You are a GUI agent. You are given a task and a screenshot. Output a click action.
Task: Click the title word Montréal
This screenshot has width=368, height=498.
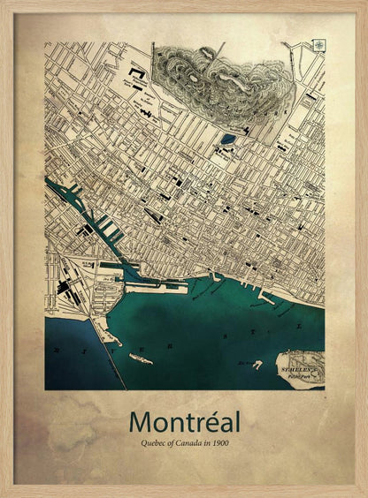183,421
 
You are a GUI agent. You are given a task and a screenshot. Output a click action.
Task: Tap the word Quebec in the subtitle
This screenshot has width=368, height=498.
143,441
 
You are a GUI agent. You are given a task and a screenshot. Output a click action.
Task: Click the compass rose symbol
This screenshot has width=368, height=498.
318,45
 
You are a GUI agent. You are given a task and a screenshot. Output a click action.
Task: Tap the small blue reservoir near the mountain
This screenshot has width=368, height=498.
228,139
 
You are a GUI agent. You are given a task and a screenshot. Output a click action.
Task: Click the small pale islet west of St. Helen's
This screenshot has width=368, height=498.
257,364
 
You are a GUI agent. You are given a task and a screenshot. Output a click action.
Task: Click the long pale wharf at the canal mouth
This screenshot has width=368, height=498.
156,287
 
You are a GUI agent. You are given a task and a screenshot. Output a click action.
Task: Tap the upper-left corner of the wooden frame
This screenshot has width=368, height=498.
4,4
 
